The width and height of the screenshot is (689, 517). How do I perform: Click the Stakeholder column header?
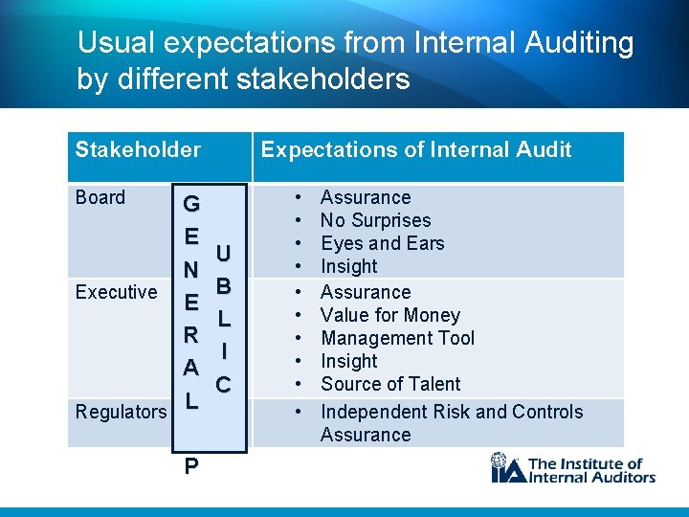[x=138, y=149]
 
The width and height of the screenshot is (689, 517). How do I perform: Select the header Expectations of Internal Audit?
[x=416, y=149]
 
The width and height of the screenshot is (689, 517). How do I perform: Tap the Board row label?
[x=100, y=197]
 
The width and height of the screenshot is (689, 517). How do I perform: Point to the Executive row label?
[x=116, y=292]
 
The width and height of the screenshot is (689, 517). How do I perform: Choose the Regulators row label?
[x=122, y=412]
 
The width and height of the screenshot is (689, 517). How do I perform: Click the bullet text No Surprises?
[x=375, y=220]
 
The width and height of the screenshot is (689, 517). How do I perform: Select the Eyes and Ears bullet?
[x=382, y=243]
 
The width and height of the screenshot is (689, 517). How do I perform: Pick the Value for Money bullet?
[x=389, y=315]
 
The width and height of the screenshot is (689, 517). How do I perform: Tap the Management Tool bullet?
[x=397, y=338]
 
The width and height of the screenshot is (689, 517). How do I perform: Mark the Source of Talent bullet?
[x=390, y=384]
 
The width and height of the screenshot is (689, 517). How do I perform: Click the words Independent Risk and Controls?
[x=451, y=412]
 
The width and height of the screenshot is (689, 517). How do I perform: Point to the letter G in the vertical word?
[x=191, y=204]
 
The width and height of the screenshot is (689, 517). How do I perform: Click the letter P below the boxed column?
[x=191, y=466]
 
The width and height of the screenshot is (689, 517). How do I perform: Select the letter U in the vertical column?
[x=223, y=254]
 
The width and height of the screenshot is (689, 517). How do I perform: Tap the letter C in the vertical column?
[x=223, y=385]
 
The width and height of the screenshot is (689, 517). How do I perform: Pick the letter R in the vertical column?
[x=191, y=335]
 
